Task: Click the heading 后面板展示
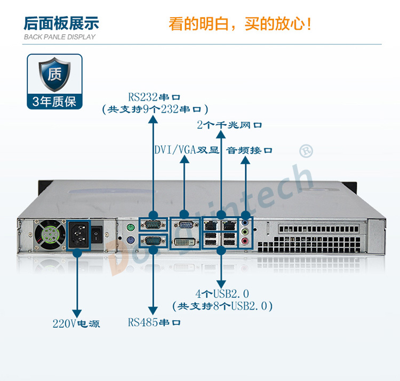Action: point(61,23)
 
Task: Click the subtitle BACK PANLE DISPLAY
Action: point(59,37)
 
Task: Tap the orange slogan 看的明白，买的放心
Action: point(240,24)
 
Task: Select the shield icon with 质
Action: point(54,74)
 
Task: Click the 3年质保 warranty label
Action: point(54,101)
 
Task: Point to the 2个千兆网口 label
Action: point(229,125)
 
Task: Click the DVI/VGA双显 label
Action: point(187,150)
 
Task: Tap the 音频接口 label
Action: point(249,150)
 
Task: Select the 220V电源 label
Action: point(76,323)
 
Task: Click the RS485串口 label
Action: point(154,322)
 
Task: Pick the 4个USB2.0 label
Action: point(222,294)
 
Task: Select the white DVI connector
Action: point(185,242)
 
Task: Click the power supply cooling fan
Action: point(50,235)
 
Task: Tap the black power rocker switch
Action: point(97,234)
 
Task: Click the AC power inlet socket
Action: point(79,234)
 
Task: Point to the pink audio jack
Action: point(245,241)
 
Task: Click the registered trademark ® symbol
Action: point(306,151)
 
